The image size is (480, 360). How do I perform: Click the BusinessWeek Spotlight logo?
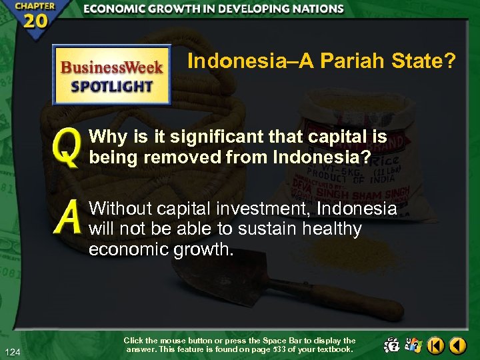click(x=112, y=75)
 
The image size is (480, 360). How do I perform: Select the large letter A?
click(x=67, y=219)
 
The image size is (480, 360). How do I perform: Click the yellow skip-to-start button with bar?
click(x=435, y=345)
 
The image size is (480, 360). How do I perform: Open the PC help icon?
click(x=391, y=345)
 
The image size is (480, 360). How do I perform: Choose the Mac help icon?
click(x=413, y=345)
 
